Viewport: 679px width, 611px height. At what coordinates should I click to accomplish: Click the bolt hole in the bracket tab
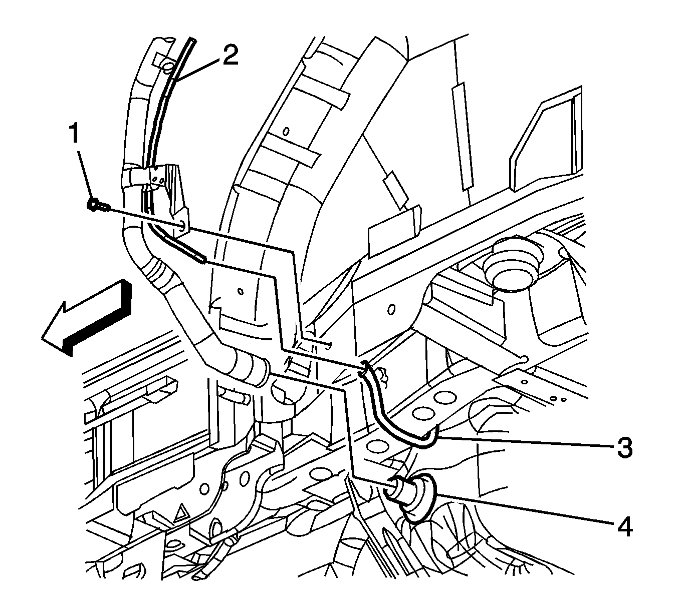[x=182, y=225]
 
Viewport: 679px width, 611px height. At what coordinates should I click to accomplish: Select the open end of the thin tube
[x=201, y=259]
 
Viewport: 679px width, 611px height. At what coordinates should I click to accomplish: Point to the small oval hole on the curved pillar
[x=286, y=132]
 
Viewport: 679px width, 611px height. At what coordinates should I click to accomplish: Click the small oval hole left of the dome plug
[x=391, y=309]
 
